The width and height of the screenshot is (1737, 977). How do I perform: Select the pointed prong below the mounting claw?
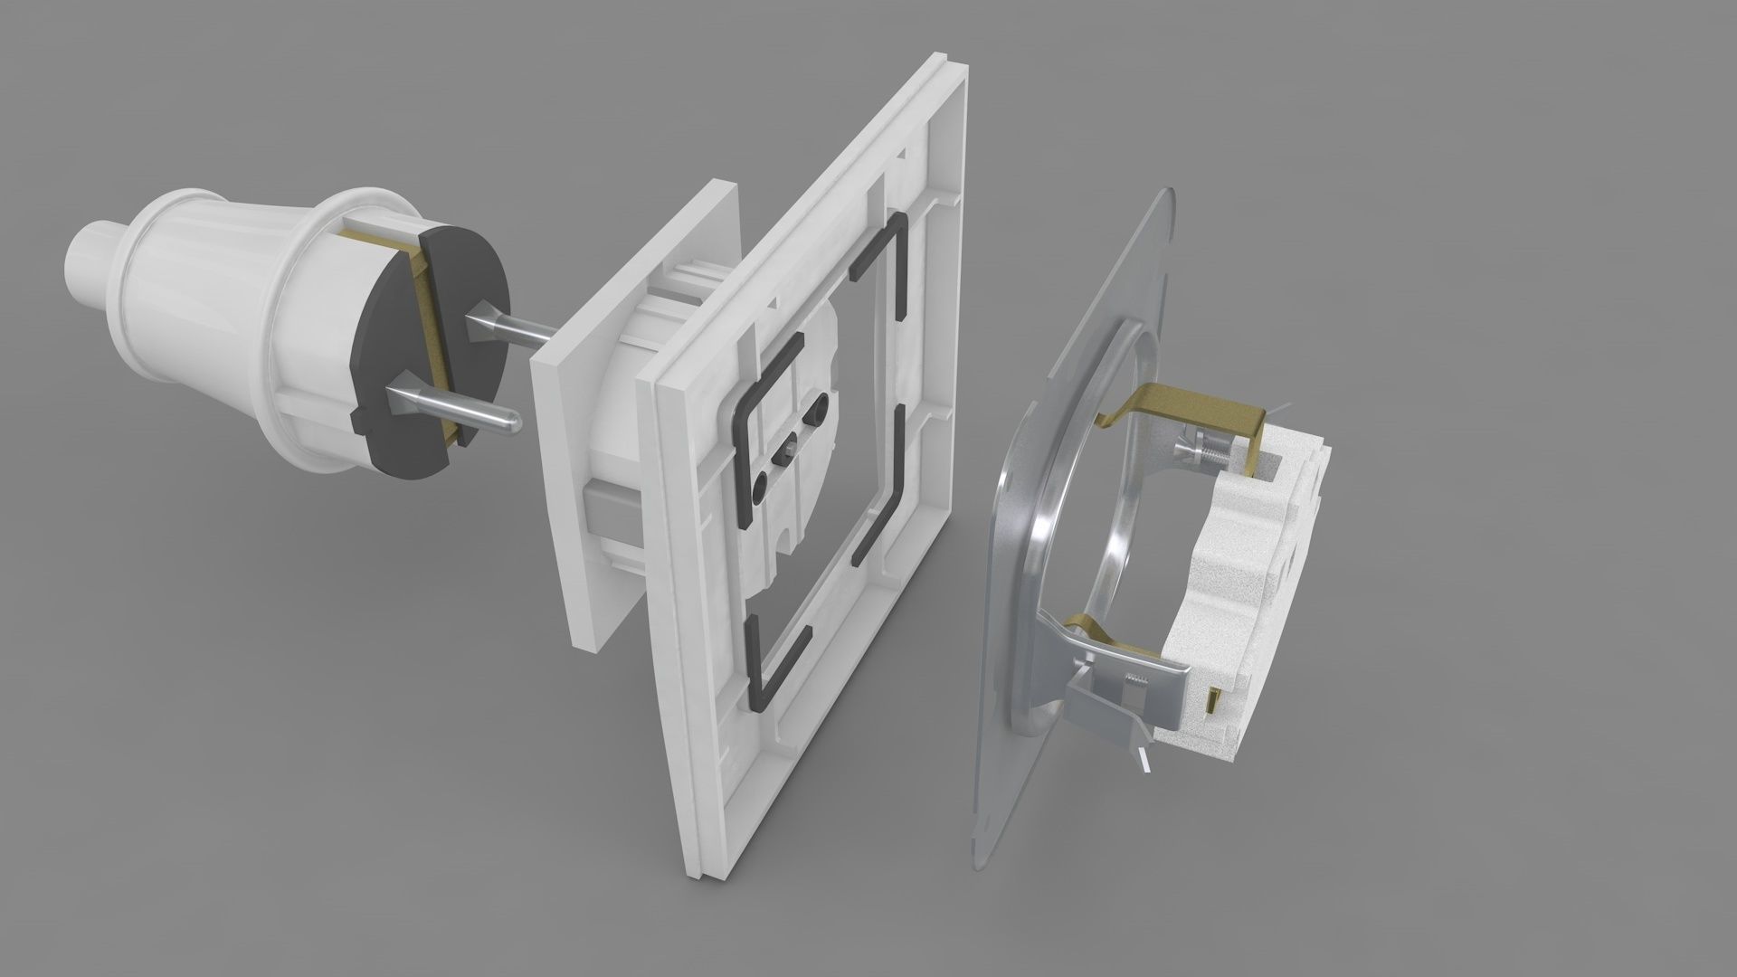tap(1144, 761)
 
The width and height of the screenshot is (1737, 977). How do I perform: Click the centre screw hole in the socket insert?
tap(790, 444)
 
